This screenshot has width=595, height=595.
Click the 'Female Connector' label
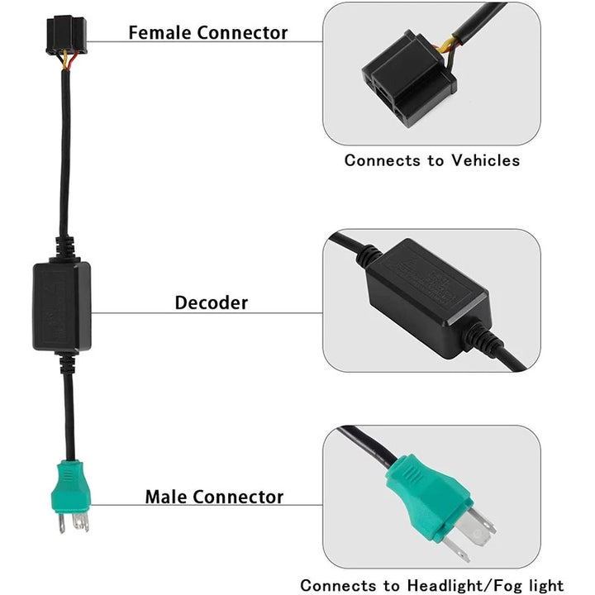208,33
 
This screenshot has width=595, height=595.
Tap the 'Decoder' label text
211,302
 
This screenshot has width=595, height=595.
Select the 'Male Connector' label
214,497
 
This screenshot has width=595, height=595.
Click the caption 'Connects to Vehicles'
431,160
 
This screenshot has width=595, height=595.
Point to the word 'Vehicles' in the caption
485,160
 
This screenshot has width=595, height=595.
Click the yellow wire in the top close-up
450,45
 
